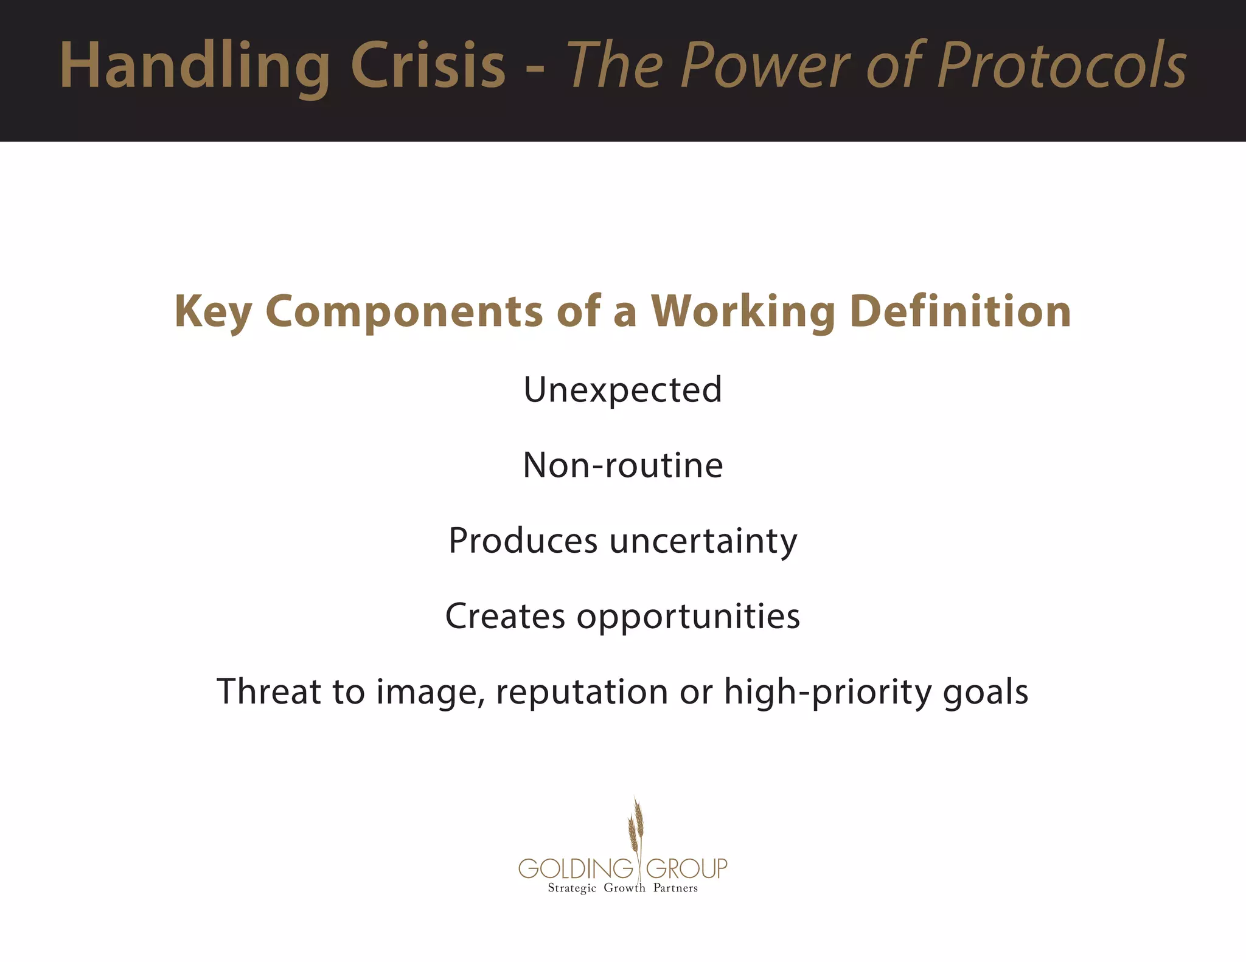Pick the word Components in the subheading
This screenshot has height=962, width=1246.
[x=404, y=312]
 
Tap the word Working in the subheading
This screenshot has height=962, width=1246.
[x=743, y=312]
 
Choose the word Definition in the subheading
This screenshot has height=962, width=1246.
[x=961, y=311]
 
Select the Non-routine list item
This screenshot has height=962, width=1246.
[x=622, y=465]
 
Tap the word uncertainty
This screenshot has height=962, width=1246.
[x=703, y=541]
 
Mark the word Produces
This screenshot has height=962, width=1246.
[x=523, y=541]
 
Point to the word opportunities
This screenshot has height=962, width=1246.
[x=688, y=617]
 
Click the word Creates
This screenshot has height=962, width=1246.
[x=505, y=616]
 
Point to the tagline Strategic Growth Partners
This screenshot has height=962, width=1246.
[x=622, y=888]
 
